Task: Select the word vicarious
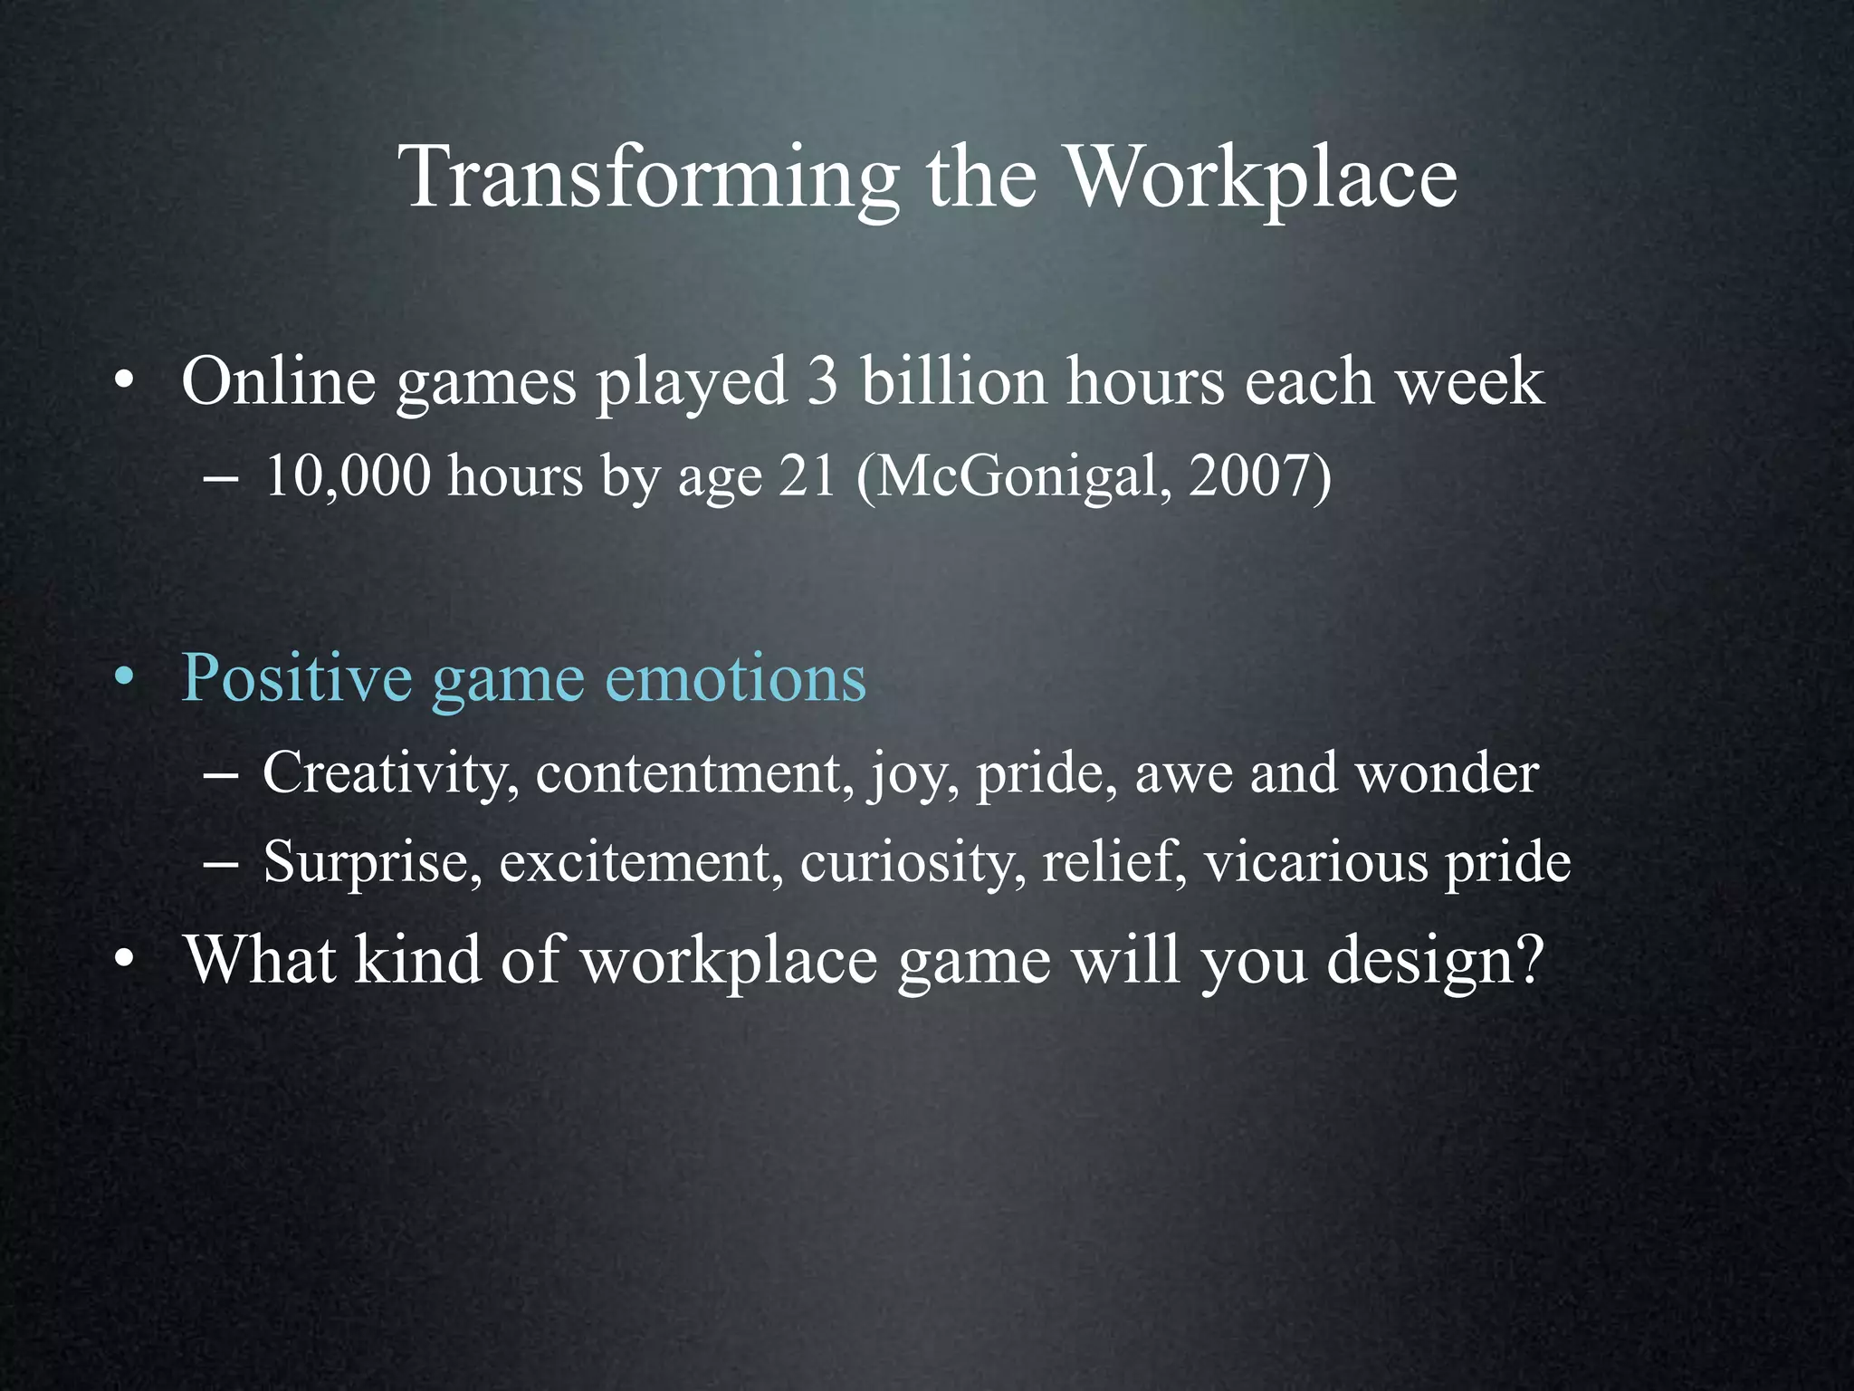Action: (1316, 862)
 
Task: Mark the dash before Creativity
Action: (221, 777)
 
